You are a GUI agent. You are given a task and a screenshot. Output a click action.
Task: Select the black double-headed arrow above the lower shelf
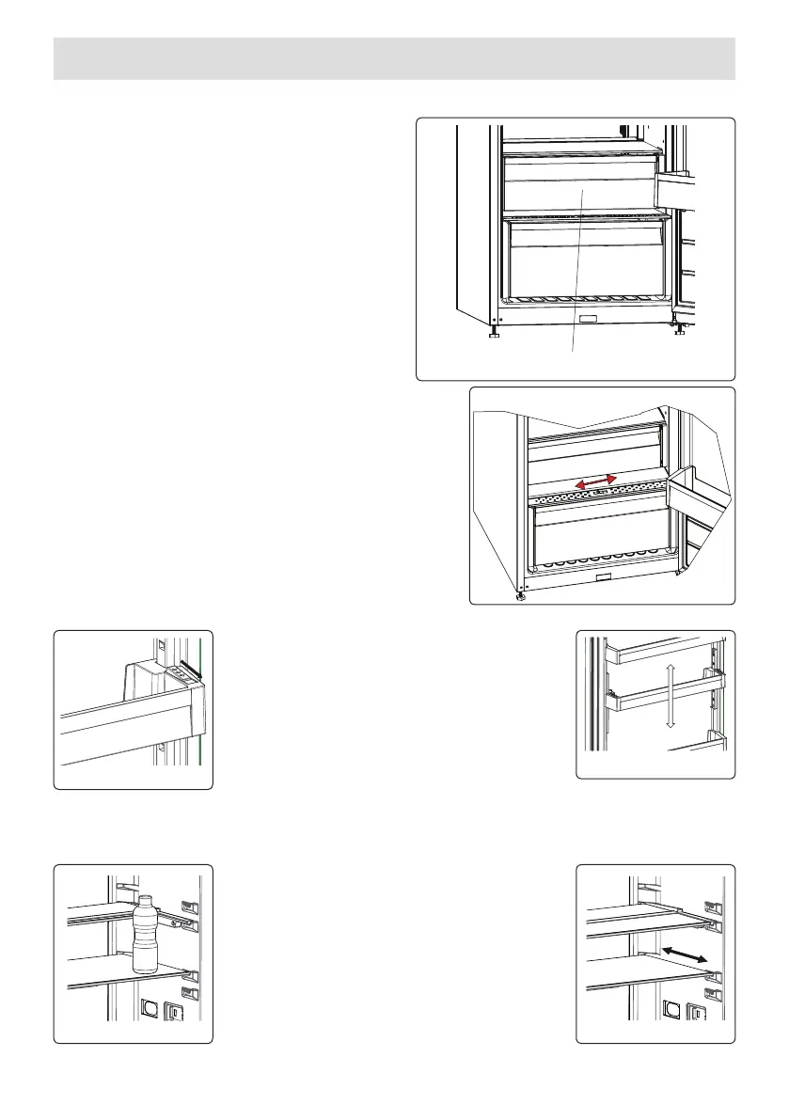coord(684,954)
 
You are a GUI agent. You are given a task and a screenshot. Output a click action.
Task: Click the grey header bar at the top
coord(394,58)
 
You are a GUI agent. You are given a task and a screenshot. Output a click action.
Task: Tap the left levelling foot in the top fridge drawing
coord(494,332)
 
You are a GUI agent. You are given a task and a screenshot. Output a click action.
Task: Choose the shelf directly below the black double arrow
coord(649,978)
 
